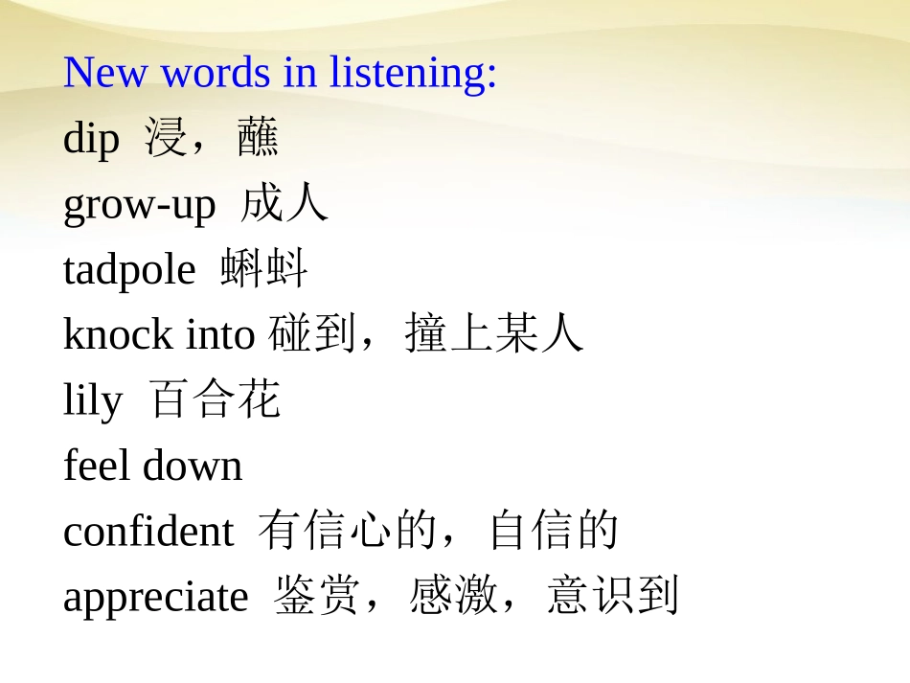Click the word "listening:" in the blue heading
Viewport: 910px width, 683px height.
pyautogui.click(x=414, y=73)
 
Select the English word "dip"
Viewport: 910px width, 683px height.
pyautogui.click(x=91, y=140)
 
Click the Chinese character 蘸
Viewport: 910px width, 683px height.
pyautogui.click(x=259, y=139)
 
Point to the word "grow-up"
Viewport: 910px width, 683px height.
pyautogui.click(x=140, y=205)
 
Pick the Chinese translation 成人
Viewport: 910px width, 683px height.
pyautogui.click(x=284, y=204)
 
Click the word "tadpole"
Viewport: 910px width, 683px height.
pyautogui.click(x=129, y=269)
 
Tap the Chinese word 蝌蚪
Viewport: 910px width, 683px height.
pyautogui.click(x=264, y=269)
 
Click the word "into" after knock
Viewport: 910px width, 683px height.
pyautogui.click(x=220, y=334)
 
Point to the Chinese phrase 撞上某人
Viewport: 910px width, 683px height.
pyautogui.click(x=494, y=334)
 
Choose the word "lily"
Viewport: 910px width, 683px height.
pyautogui.click(x=93, y=400)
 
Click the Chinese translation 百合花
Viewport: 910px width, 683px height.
pyautogui.click(x=216, y=399)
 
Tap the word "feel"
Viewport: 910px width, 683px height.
pyautogui.click(x=98, y=466)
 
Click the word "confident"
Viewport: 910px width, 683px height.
pyautogui.click(x=148, y=531)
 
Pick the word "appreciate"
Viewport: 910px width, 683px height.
pyautogui.click(x=155, y=597)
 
